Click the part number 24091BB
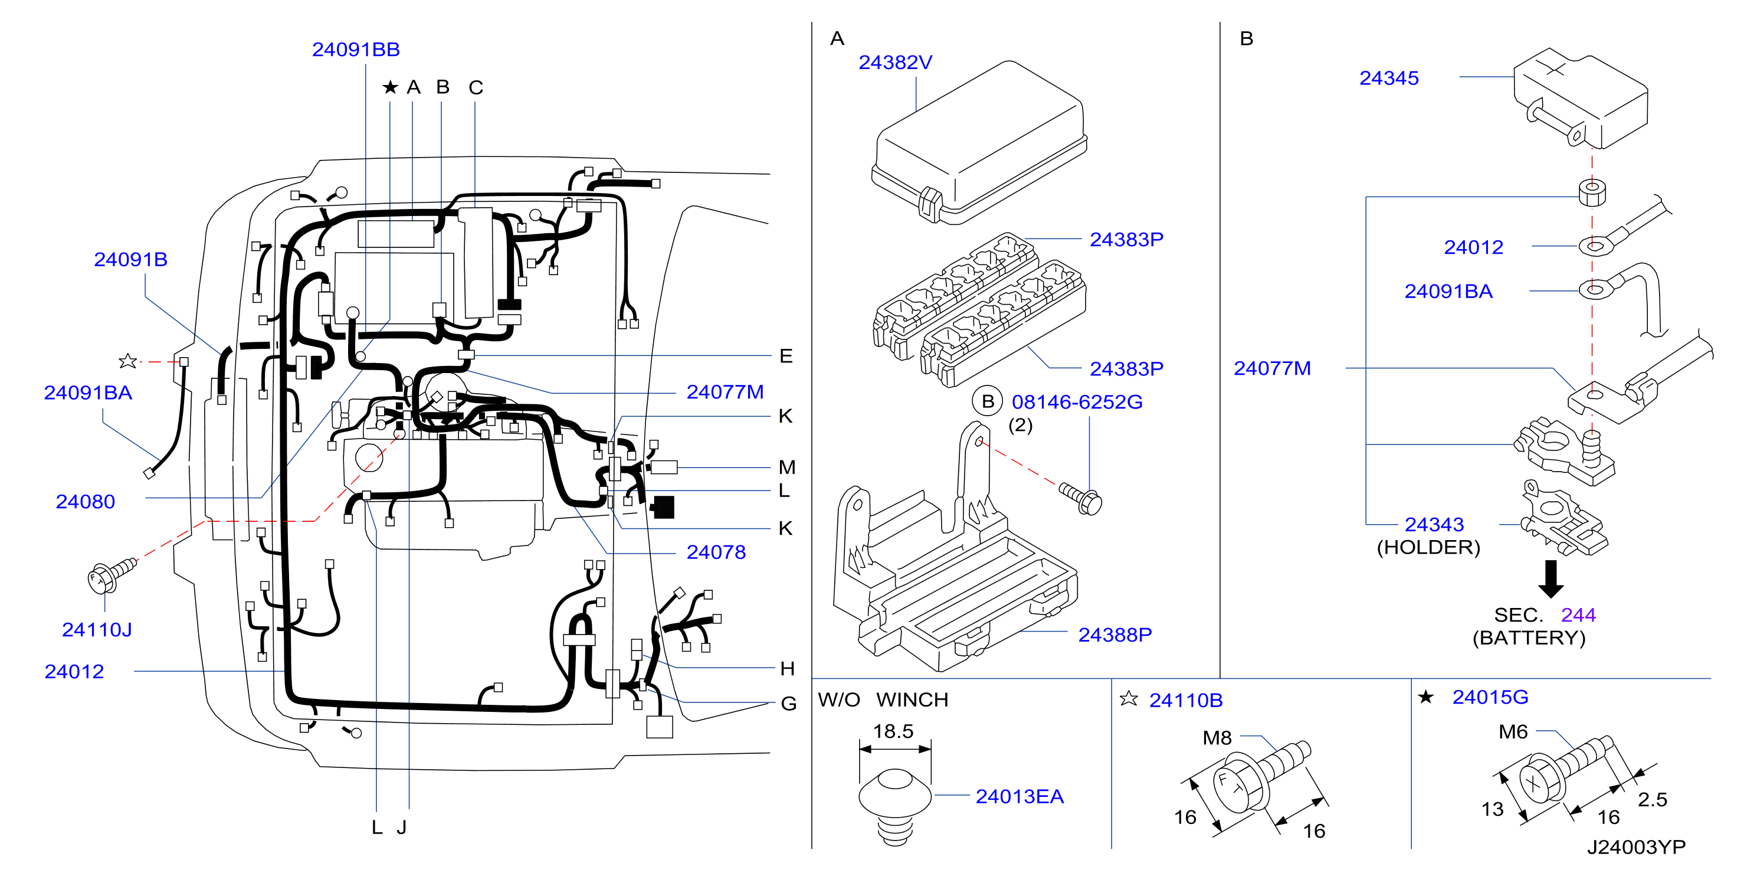(355, 50)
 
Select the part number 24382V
(895, 63)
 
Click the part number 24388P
(1114, 635)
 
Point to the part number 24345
(1389, 79)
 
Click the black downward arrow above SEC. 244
(1551, 578)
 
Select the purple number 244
(1578, 615)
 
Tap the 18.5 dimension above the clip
(893, 731)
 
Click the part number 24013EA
(1019, 797)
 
